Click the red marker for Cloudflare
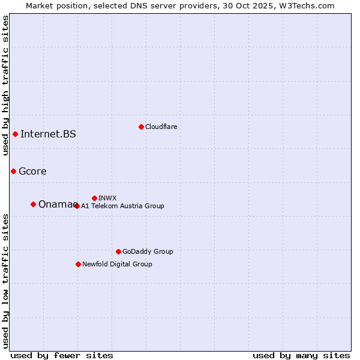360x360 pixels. click(141, 127)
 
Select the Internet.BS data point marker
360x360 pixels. click(15, 134)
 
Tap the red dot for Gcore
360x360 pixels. click(13, 171)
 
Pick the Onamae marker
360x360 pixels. click(33, 204)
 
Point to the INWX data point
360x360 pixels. click(94, 198)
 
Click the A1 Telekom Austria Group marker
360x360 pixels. click(76, 206)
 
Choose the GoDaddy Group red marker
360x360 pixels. click(118, 251)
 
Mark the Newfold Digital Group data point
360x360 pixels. click(78, 264)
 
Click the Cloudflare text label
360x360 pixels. click(161, 127)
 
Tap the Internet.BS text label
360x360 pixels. click(48, 134)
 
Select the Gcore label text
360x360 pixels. click(32, 171)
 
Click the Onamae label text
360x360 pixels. click(55, 204)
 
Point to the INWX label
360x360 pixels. click(107, 198)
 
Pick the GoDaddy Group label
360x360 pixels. click(148, 251)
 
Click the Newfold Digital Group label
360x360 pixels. click(117, 264)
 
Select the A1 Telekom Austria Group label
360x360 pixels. click(122, 206)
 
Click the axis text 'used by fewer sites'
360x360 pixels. click(62, 355)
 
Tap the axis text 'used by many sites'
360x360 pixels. click(301, 355)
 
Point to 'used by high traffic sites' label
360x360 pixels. click(5, 85)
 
